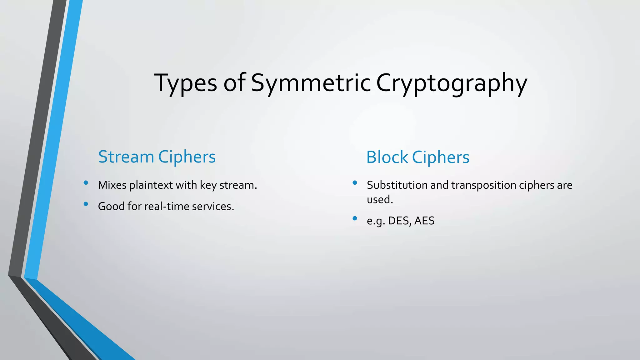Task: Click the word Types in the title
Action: (x=185, y=83)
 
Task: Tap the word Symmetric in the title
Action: (x=311, y=83)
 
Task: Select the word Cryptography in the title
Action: (x=451, y=83)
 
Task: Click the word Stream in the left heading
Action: (x=126, y=157)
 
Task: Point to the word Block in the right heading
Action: (x=387, y=157)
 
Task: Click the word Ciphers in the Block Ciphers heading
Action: (x=441, y=157)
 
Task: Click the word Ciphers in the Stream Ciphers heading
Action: (x=187, y=157)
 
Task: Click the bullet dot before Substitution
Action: (x=355, y=183)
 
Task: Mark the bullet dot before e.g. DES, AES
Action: (x=355, y=218)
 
